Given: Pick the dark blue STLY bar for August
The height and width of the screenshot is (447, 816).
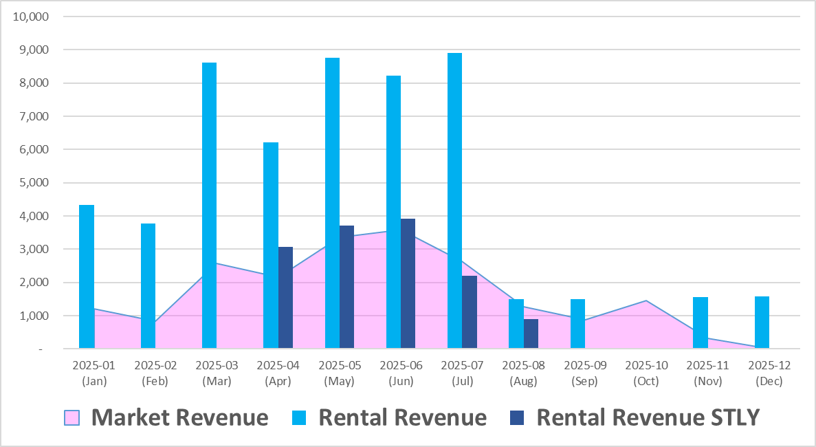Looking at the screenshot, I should click(x=531, y=334).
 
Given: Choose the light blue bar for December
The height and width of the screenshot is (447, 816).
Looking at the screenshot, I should click(x=762, y=323).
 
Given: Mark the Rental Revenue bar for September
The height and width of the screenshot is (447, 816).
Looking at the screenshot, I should click(x=577, y=324).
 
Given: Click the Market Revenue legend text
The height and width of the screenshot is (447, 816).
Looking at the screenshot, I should click(x=179, y=417).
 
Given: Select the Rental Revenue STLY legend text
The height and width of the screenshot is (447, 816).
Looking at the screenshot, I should click(x=648, y=417).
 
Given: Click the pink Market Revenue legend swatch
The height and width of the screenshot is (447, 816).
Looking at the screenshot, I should click(x=71, y=417).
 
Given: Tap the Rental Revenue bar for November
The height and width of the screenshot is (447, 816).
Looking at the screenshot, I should click(x=700, y=323).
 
